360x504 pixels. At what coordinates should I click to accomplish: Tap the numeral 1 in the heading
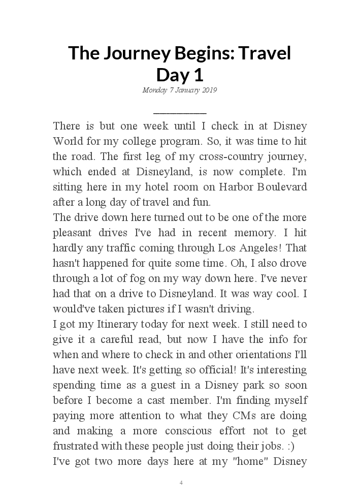198,75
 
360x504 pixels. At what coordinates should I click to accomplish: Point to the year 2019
209,90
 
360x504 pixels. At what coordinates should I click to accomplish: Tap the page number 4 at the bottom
181,483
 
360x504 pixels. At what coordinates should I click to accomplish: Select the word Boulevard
285,186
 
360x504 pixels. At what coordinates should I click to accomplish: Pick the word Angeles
242,248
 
